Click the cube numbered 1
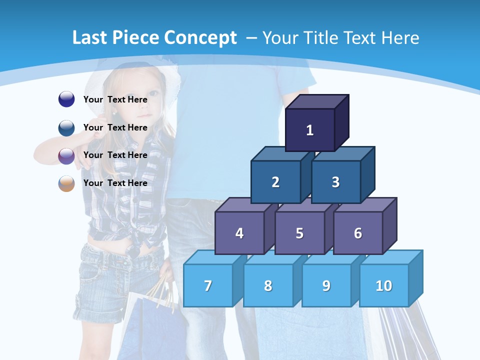click(x=309, y=130)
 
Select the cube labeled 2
click(x=275, y=182)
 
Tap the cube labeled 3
click(x=335, y=182)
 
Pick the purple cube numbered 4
click(x=239, y=233)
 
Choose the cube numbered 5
click(x=299, y=233)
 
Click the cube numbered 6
click(x=358, y=233)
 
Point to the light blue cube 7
click(x=208, y=285)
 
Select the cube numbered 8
click(x=268, y=285)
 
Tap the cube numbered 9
click(x=326, y=285)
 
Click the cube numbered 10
click(x=383, y=285)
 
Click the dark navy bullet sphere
click(x=66, y=99)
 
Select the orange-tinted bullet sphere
click(x=66, y=183)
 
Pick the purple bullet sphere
click(x=66, y=156)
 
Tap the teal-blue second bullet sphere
click(x=66, y=128)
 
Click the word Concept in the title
click(x=200, y=38)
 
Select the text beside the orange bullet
click(x=115, y=183)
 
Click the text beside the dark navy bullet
click(x=115, y=99)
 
